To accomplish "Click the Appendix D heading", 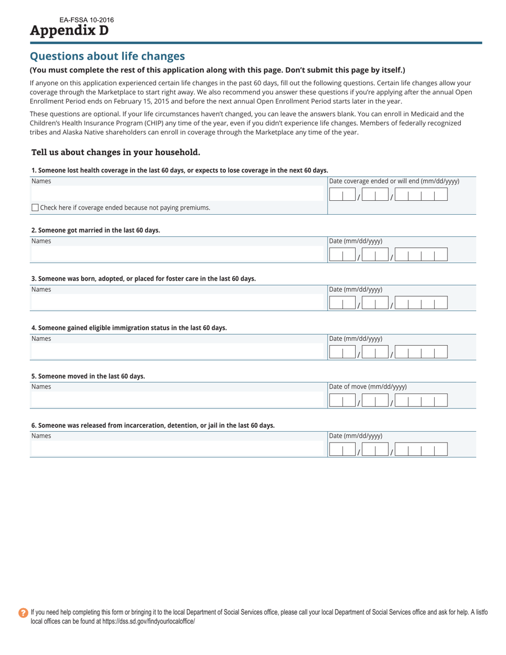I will pyautogui.click(x=69, y=30).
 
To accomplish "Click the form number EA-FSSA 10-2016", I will pyautogui.click(x=86, y=20).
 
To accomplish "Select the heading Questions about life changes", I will pyautogui.click(x=107, y=56).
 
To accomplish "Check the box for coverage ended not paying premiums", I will pyautogui.click(x=35, y=208).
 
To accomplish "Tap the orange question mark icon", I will pyautogui.click(x=23, y=613).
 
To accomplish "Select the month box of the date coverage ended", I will pyautogui.click(x=342, y=195).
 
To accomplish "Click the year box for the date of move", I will pyautogui.click(x=421, y=401).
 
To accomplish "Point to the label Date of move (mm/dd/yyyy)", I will pyautogui.click(x=368, y=387).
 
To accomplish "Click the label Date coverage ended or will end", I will pyautogui.click(x=394, y=181).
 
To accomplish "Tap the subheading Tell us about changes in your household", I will pyautogui.click(x=116, y=152).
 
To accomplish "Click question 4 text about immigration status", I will pyautogui.click(x=129, y=327).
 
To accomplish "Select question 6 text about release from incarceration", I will pyautogui.click(x=153, y=425).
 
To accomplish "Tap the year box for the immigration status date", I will pyautogui.click(x=421, y=352).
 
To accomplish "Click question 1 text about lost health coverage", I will pyautogui.click(x=179, y=170).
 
